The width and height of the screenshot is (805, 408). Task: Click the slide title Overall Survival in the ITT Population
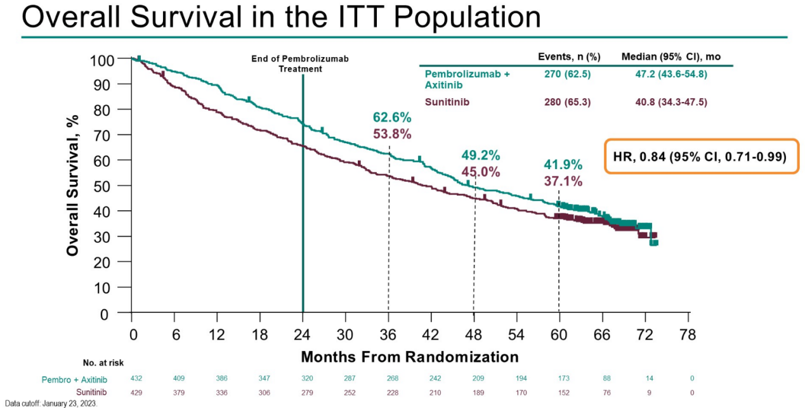[281, 18]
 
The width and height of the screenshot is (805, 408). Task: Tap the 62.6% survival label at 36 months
[392, 117]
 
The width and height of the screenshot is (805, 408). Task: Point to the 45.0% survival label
[480, 172]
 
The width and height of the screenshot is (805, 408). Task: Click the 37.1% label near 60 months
[563, 181]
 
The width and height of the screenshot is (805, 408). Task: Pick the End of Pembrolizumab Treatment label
[300, 63]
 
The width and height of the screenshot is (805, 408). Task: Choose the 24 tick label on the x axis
[303, 334]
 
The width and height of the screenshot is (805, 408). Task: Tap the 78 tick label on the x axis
[688, 334]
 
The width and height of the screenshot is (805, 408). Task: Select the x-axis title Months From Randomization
[409, 357]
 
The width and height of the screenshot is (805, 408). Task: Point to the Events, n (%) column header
[569, 56]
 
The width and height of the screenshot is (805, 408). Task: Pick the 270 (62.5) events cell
[567, 74]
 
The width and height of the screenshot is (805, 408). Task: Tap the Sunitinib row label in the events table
[447, 102]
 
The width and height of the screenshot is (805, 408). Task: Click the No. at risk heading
[103, 363]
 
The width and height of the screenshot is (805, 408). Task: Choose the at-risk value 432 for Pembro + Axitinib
[136, 379]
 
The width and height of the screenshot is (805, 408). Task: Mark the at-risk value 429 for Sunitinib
[136, 392]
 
